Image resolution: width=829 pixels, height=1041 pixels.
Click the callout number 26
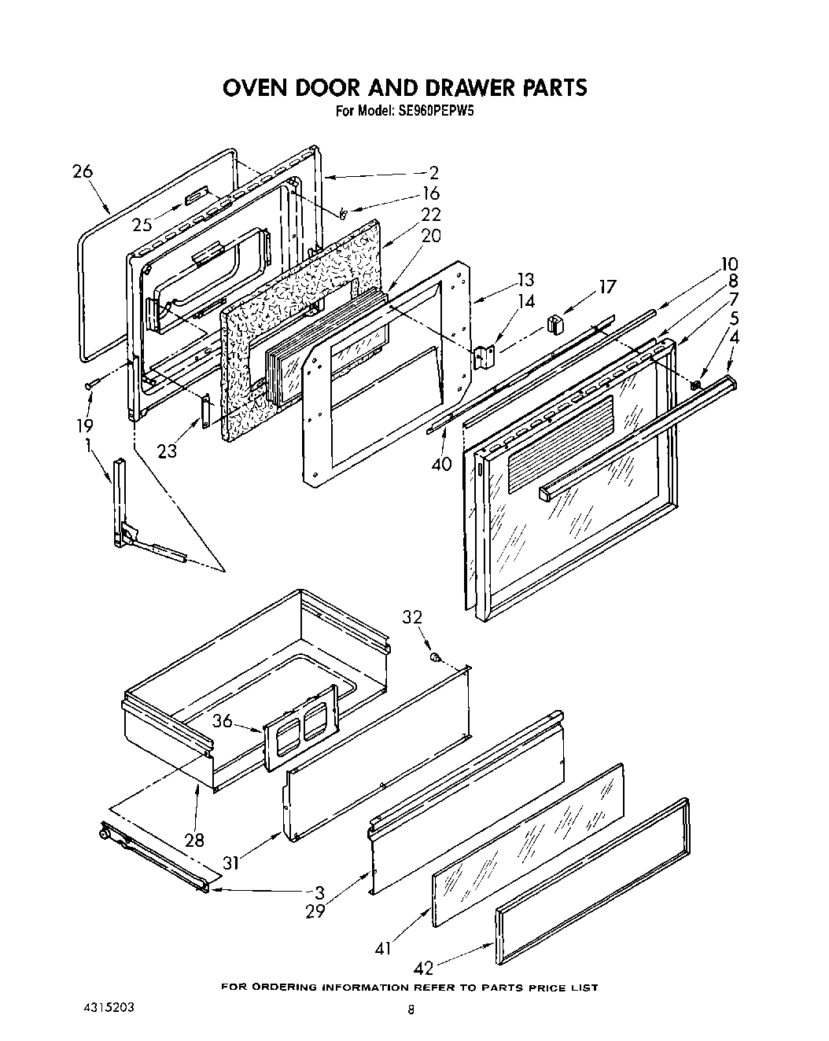coord(83,171)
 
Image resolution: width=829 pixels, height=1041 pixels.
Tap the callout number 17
coord(607,287)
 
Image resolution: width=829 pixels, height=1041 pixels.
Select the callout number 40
coord(441,464)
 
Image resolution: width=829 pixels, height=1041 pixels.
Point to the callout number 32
coord(412,617)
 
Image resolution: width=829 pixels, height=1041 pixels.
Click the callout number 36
coord(223,719)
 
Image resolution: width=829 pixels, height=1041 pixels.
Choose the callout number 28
coord(193,840)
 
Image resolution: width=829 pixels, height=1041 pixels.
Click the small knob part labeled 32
coord(433,657)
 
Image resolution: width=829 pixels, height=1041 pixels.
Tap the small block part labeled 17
coord(556,323)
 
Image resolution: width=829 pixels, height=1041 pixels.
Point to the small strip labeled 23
coord(206,411)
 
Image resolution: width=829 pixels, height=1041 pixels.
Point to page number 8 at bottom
coord(410,1011)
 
